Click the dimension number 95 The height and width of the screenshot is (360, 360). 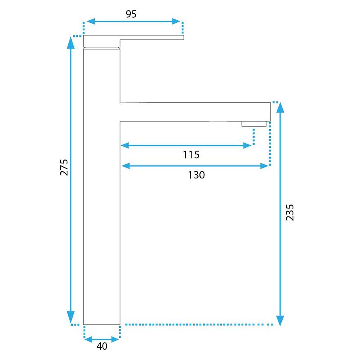[131, 14]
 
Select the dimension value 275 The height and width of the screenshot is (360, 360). [64, 167]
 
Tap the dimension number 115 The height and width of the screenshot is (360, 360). [191, 154]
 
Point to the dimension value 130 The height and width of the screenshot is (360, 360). [196, 175]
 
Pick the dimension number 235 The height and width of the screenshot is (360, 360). [290, 212]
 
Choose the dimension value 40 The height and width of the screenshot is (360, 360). [102, 346]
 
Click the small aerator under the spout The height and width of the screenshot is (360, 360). [254, 124]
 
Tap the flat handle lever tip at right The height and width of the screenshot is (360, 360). [183, 37]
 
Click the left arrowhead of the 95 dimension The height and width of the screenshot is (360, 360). [91, 22]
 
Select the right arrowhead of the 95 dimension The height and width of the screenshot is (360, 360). [176, 22]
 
